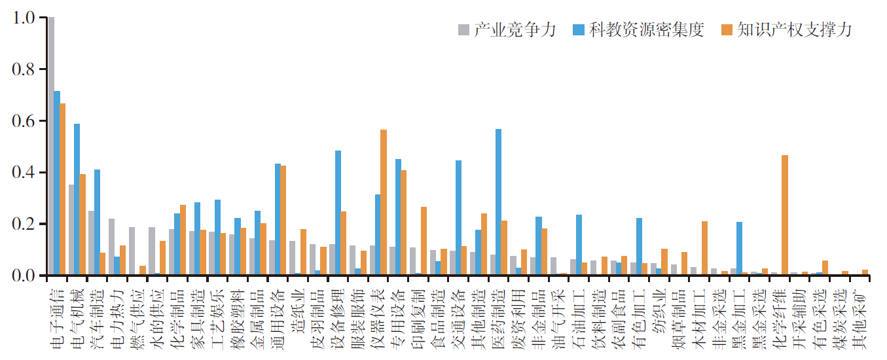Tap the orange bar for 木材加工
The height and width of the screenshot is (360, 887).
point(704,248)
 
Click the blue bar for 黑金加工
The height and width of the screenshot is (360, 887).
point(740,249)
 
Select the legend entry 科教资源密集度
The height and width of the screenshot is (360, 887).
point(638,29)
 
